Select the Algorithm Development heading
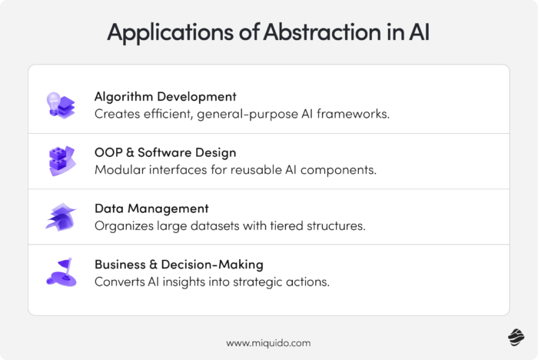(x=165, y=97)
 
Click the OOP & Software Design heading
(x=165, y=152)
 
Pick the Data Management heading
(x=151, y=208)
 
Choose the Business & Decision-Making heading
(x=179, y=264)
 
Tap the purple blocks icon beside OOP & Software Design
(x=60, y=161)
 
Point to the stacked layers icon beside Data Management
(x=60, y=217)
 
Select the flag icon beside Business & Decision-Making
(x=60, y=272)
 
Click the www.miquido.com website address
(x=268, y=343)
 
